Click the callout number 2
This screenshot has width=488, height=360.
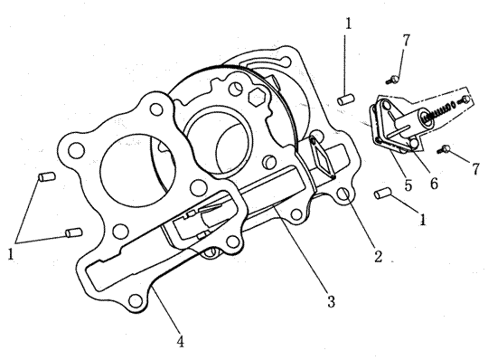coord(378,256)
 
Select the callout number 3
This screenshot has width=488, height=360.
coord(331,301)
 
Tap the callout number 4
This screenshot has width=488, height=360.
coord(181,342)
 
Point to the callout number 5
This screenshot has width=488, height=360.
coord(408,185)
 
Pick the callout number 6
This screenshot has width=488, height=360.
coord(434,183)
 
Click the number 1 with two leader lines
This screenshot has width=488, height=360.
coord(11,254)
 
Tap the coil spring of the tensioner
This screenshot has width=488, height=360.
coord(438,111)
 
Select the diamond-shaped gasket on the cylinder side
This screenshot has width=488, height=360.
coord(322,158)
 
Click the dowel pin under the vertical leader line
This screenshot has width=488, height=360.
coord(346,100)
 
